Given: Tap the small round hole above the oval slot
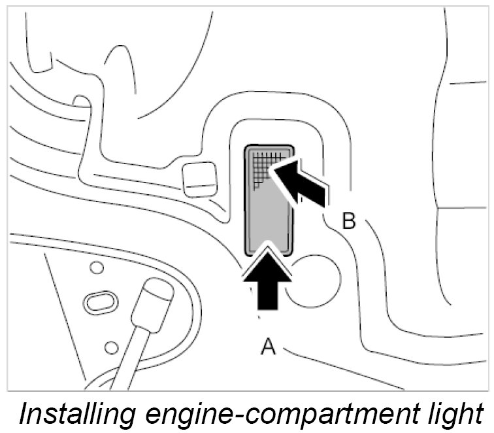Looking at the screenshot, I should (x=97, y=267).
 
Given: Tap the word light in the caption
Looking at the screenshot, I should (x=457, y=414).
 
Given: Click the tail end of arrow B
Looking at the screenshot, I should (x=325, y=196).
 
